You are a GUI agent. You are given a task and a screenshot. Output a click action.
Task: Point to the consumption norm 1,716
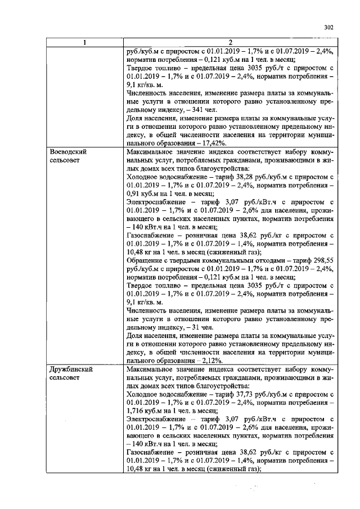136,411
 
